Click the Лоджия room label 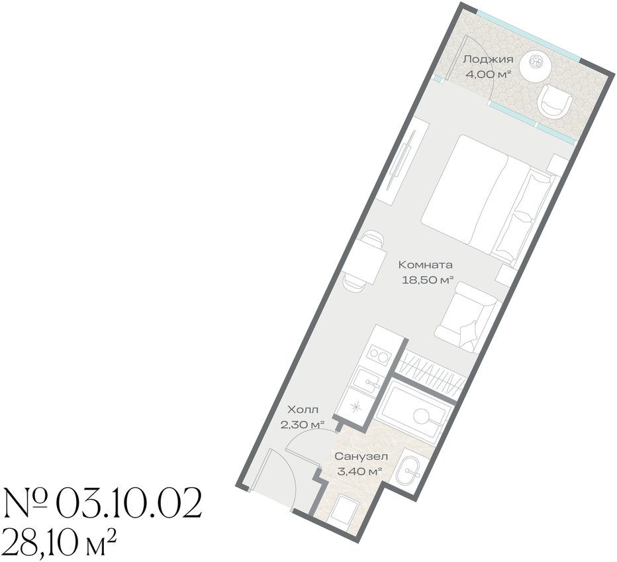click(488, 60)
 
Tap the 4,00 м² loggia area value click(488, 74)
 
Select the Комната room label click(426, 264)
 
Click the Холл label click(303, 410)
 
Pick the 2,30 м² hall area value click(302, 425)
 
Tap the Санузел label click(361, 457)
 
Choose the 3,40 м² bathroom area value click(360, 471)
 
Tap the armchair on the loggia click(554, 103)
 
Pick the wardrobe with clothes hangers click(430, 373)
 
